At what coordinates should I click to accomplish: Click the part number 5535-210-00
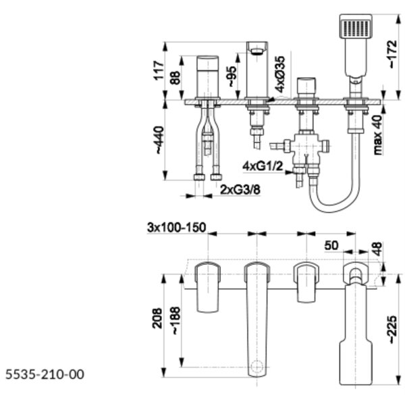[x=45, y=374]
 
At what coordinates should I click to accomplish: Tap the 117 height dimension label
[x=159, y=70]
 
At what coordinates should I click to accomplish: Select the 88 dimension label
[x=175, y=78]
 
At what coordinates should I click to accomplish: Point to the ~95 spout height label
[x=231, y=77]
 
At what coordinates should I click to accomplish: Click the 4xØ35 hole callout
[x=279, y=74]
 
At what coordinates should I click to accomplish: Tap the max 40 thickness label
[x=377, y=135]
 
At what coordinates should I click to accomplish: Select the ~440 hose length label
[x=159, y=140]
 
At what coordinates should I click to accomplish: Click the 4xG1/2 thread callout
[x=263, y=166]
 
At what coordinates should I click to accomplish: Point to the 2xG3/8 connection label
[x=240, y=190]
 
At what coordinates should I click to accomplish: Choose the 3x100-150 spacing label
[x=177, y=228]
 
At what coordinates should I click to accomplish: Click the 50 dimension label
[x=331, y=245]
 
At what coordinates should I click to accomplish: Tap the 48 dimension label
[x=377, y=249]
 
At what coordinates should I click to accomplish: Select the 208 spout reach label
[x=157, y=318]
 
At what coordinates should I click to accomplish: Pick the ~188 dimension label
[x=175, y=320]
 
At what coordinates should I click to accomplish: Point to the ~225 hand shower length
[x=393, y=330]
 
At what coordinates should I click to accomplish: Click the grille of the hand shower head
[x=356, y=28]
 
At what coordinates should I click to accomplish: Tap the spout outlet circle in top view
[x=257, y=366]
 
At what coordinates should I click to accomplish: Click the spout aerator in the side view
[x=256, y=52]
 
